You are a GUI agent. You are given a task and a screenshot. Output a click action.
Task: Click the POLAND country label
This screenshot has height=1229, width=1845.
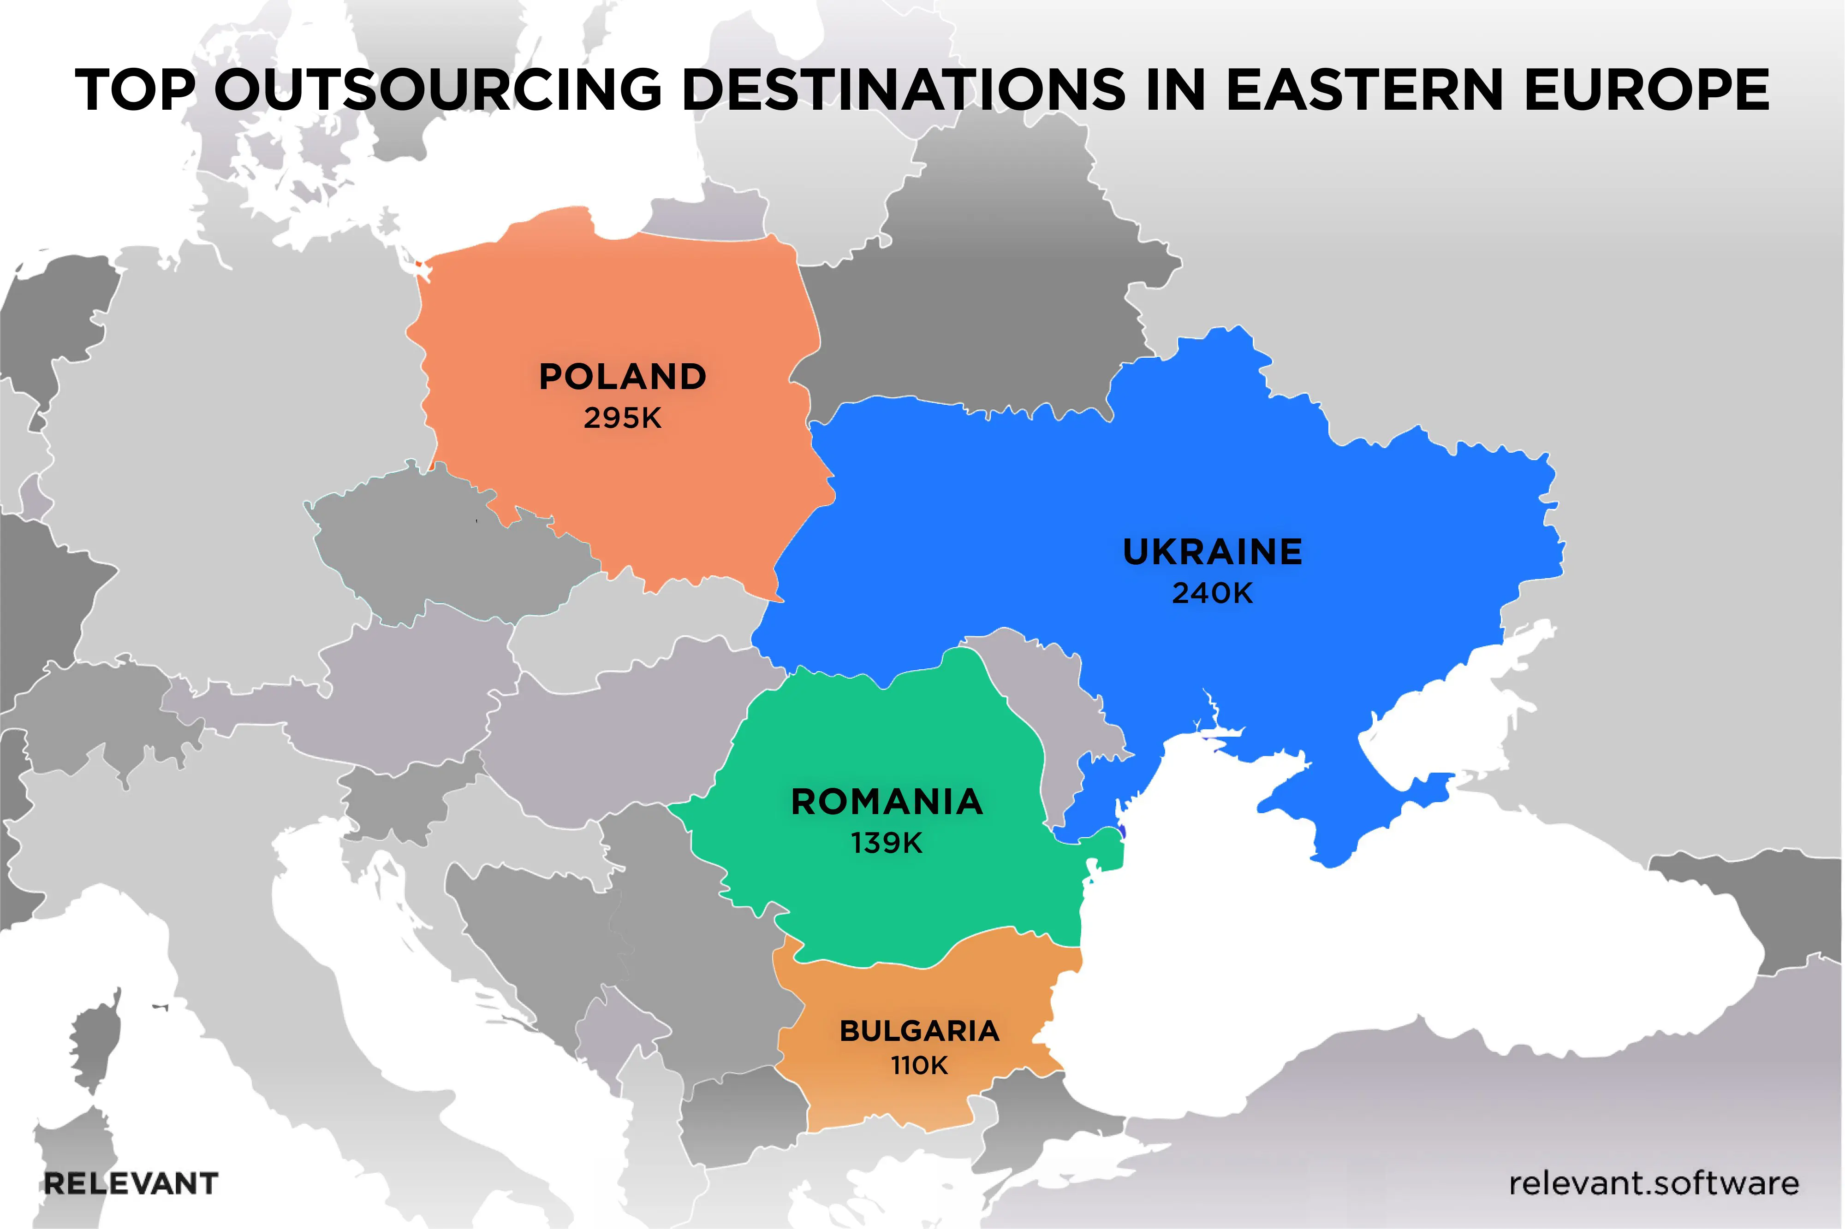coord(623,377)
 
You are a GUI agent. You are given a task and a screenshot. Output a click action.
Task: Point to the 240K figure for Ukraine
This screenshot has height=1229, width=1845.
coord(1212,593)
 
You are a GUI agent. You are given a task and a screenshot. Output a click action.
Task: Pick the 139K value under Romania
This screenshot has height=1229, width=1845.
coord(887,843)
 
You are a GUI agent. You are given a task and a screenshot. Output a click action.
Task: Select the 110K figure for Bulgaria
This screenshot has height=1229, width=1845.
coord(920,1066)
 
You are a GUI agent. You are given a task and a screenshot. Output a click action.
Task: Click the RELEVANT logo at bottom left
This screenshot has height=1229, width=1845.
coord(131,1183)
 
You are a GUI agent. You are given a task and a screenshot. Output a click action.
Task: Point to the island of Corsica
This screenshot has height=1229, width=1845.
coord(94,1042)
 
